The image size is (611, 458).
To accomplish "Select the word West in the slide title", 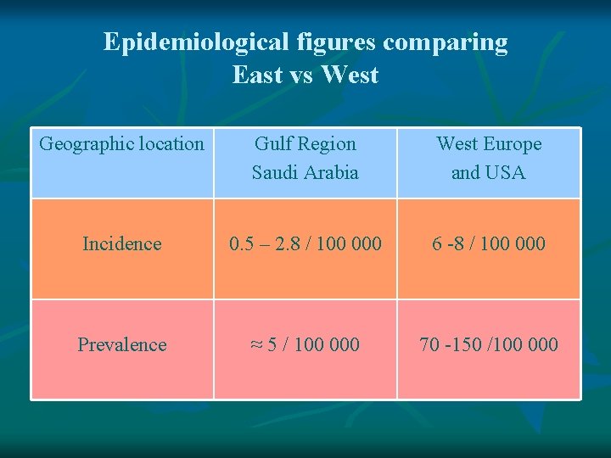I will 350,75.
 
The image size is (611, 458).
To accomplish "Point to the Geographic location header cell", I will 122,144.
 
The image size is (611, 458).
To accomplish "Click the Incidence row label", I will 122,244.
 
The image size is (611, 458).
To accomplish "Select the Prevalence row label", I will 122,344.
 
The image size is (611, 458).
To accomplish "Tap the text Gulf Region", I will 305,144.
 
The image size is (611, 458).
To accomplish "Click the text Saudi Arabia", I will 305,173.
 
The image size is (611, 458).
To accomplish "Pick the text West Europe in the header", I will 489,144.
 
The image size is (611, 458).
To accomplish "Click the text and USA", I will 489,173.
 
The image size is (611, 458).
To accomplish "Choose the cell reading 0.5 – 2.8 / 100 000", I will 305,244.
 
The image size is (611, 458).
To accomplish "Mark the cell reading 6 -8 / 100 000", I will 489,244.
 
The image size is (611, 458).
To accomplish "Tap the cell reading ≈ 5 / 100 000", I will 305,344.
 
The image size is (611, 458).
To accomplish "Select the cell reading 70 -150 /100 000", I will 489,344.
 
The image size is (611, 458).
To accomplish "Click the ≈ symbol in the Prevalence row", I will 256,344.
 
